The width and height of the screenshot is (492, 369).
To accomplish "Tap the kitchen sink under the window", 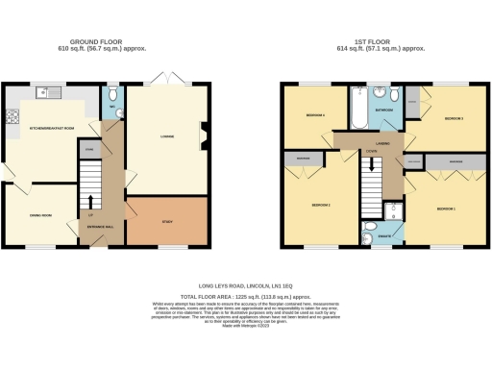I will click(x=42, y=93).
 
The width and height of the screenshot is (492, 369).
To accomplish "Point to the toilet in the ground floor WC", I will click(x=111, y=94).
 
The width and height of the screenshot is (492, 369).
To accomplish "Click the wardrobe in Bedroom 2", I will click(x=304, y=159).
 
